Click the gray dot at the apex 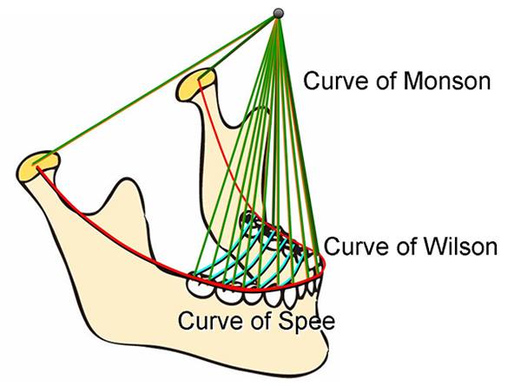pos(279,13)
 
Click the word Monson pos(447,81)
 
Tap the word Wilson pos(459,246)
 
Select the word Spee pos(307,321)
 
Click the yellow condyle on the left pos(37,166)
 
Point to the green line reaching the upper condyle pos(238,48)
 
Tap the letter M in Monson pos(413,81)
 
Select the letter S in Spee pos(286,321)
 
